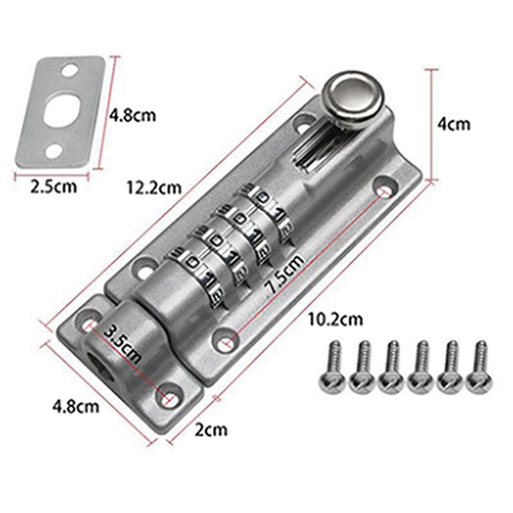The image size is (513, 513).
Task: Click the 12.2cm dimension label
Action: [x=154, y=187]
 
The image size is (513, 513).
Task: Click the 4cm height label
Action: [x=453, y=123]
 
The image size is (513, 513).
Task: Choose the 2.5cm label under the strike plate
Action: [x=54, y=186]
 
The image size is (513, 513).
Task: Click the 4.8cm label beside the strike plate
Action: [x=132, y=115]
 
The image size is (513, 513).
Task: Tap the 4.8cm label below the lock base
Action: [x=76, y=406]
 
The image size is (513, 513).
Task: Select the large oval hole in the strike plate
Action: [x=60, y=108]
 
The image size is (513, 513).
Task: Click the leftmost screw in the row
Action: [x=333, y=367]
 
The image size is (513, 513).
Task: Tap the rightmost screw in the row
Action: [x=479, y=367]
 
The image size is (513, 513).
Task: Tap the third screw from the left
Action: [x=391, y=367]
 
